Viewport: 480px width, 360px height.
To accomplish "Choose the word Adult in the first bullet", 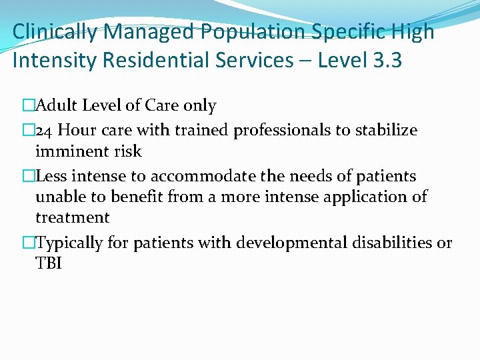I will (55, 105).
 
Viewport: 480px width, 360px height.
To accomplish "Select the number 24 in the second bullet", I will (45, 131).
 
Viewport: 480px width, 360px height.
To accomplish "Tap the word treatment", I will (72, 218).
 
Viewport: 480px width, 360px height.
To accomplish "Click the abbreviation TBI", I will (48, 264).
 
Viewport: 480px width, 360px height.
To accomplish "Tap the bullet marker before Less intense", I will (29, 177).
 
